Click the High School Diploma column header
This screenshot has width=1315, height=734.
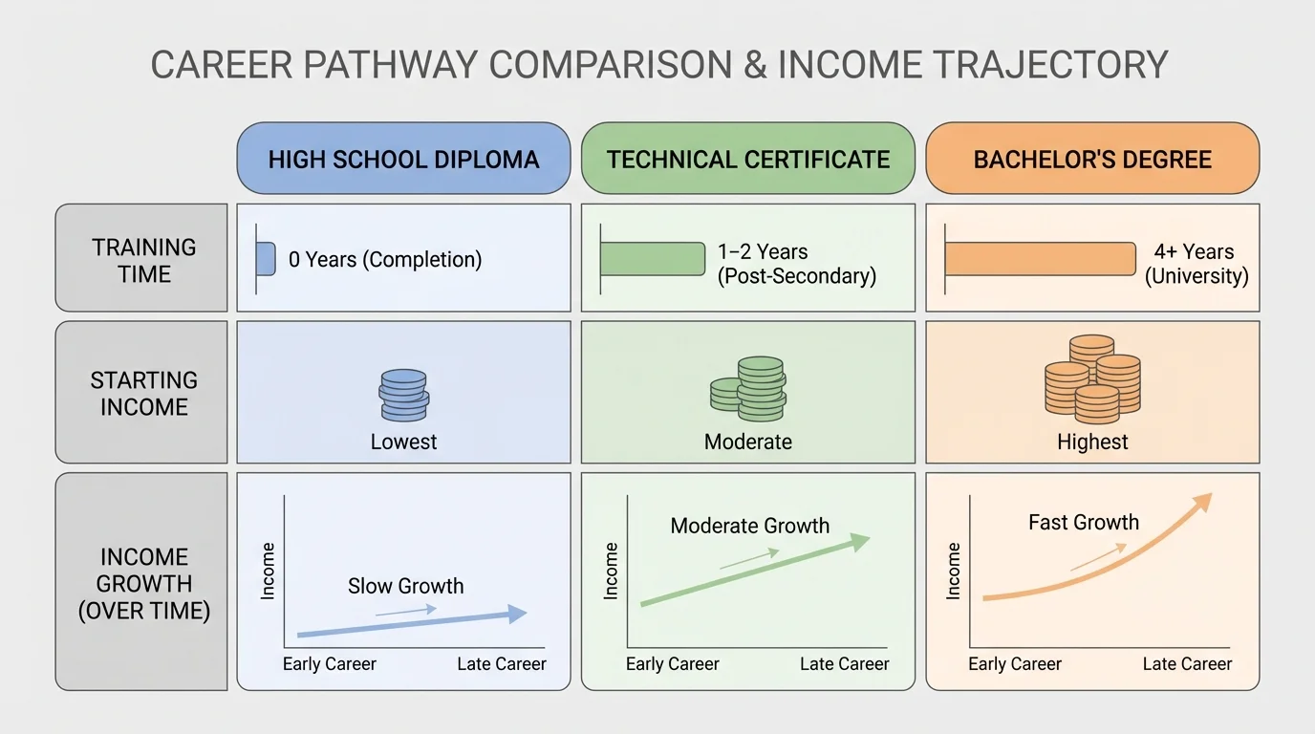pyautogui.click(x=403, y=159)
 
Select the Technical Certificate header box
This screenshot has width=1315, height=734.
pyautogui.click(x=747, y=159)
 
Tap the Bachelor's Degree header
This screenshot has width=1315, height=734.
pyautogui.click(x=1092, y=159)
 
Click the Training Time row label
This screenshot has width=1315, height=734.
pyautogui.click(x=143, y=260)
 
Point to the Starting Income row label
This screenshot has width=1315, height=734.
pyautogui.click(x=143, y=393)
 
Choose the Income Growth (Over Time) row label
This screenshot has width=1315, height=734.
pyautogui.click(x=143, y=583)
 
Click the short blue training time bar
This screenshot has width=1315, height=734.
pyautogui.click(x=266, y=258)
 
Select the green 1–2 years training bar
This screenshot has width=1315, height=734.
pyautogui.click(x=653, y=259)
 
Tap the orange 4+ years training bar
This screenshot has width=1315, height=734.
pyautogui.click(x=1040, y=259)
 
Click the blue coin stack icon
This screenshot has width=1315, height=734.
pyautogui.click(x=403, y=395)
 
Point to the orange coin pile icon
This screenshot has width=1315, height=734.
pyautogui.click(x=1092, y=379)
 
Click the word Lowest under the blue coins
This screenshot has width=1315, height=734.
pyautogui.click(x=403, y=442)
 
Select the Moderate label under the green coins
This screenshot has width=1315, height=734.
pyautogui.click(x=747, y=442)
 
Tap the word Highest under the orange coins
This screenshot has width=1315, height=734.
pyautogui.click(x=1092, y=442)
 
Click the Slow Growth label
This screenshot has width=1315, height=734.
pyautogui.click(x=405, y=586)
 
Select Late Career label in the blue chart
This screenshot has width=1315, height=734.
pyautogui.click(x=502, y=663)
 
